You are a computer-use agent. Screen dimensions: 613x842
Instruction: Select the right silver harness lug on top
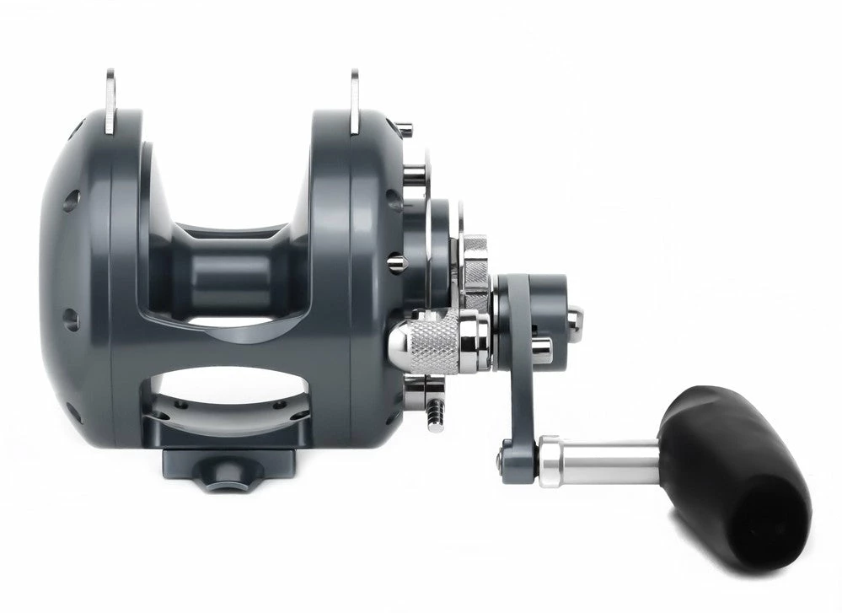[x=354, y=100]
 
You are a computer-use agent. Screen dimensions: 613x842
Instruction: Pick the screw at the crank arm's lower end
[x=504, y=455]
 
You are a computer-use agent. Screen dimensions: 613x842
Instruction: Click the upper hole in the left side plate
[x=72, y=200]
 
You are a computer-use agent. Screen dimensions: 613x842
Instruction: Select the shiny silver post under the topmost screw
[x=414, y=175]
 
